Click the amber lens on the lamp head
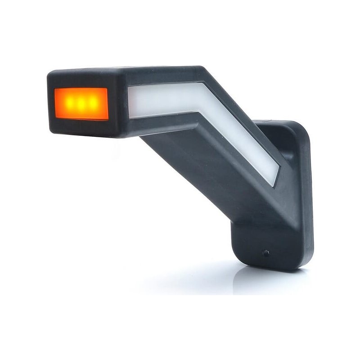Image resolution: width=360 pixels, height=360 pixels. point(81,103)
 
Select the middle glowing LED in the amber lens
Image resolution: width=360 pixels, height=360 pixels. point(81,103)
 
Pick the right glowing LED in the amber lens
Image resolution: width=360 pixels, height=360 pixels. point(93,103)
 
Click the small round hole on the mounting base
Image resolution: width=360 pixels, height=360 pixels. point(266,253)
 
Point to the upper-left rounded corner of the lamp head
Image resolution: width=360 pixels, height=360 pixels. point(50,74)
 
